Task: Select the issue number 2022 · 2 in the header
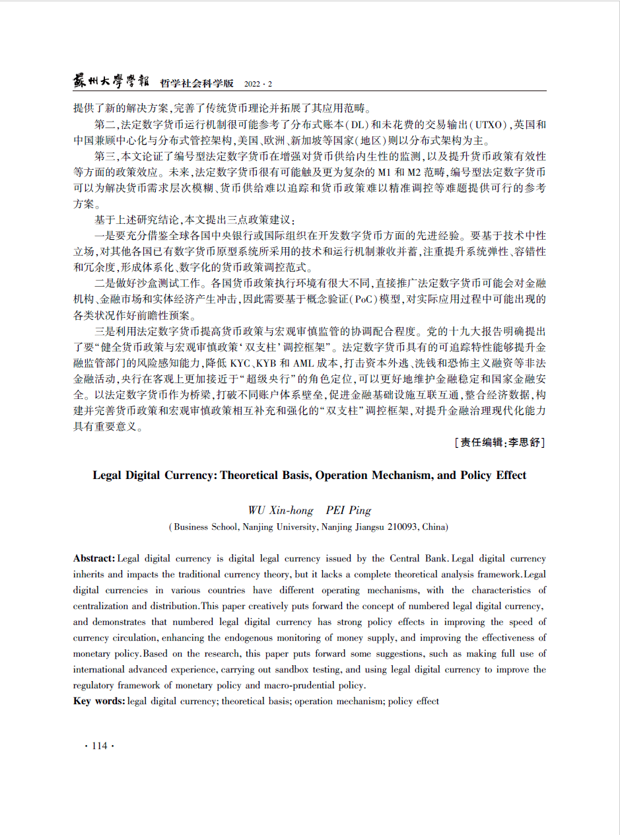click(x=258, y=84)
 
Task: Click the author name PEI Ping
click(x=349, y=510)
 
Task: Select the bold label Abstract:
click(x=94, y=559)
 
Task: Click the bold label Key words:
click(x=99, y=701)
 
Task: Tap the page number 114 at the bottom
click(x=99, y=746)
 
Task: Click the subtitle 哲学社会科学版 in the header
click(x=197, y=83)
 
